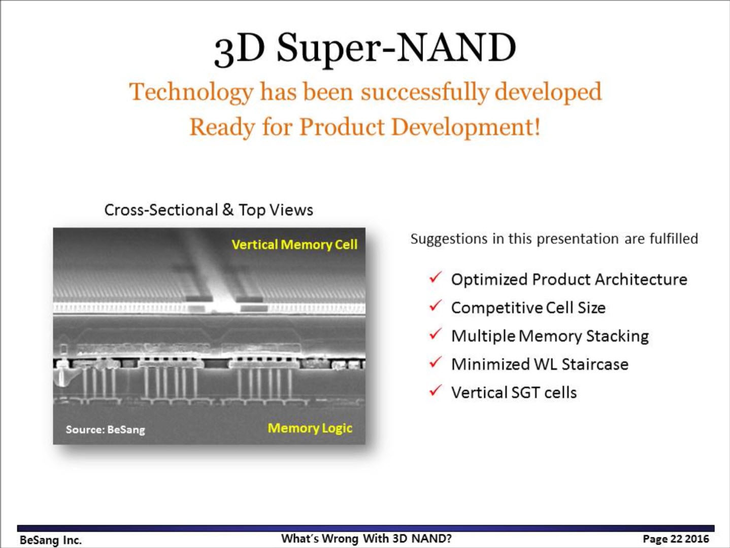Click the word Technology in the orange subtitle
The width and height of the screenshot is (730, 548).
click(x=191, y=92)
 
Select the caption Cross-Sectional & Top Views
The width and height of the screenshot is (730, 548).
click(x=209, y=210)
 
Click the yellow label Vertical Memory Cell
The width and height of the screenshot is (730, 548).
click(x=294, y=245)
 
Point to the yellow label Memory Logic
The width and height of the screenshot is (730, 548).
click(x=310, y=428)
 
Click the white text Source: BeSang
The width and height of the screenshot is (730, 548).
click(x=106, y=430)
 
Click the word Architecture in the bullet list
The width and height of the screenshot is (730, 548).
click(x=641, y=279)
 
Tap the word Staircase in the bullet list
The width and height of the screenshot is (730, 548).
click(x=595, y=364)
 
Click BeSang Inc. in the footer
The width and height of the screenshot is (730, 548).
click(x=51, y=540)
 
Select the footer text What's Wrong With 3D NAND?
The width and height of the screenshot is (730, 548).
click(x=366, y=538)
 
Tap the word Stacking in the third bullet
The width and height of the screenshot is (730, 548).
click(x=617, y=336)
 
